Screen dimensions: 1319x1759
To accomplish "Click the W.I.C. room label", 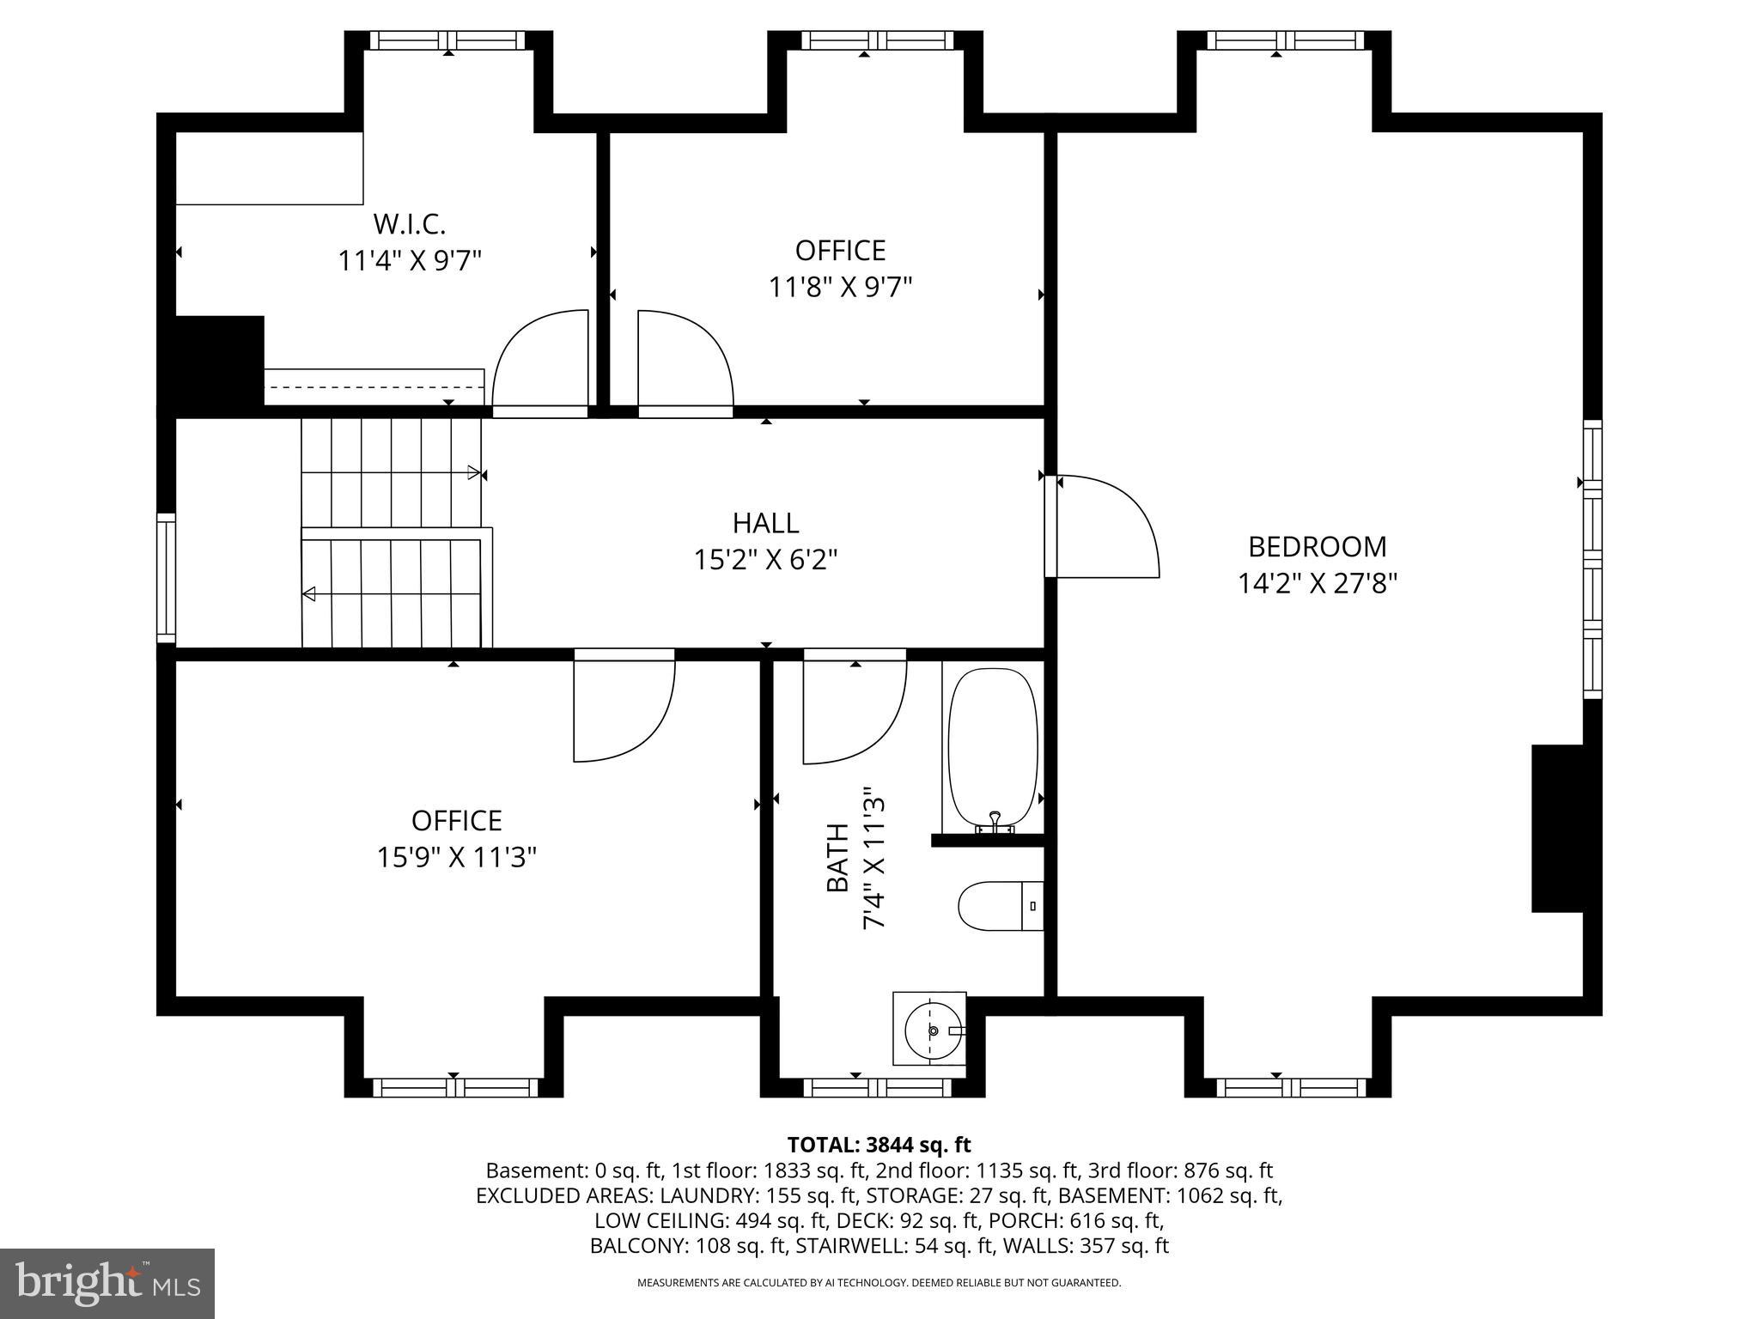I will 409,224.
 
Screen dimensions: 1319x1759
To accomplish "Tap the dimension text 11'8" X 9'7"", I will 839,287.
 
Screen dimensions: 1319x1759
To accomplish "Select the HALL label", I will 765,523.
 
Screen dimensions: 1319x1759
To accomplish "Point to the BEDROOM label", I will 1317,547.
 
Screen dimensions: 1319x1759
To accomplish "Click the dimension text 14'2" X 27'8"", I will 1317,584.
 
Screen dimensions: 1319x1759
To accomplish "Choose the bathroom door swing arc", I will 855,708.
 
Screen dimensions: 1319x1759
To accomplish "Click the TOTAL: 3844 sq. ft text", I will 879,1145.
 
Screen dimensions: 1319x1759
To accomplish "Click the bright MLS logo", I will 107,1284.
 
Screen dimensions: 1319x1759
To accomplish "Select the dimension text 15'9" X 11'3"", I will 456,857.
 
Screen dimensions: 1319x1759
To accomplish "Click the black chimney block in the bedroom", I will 1556,828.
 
